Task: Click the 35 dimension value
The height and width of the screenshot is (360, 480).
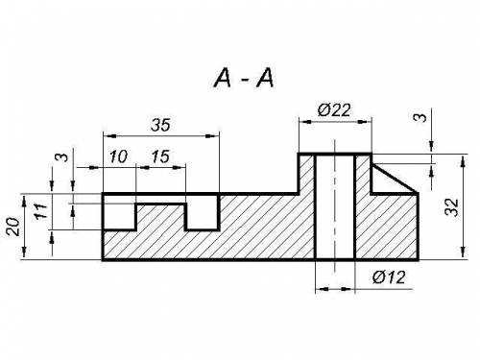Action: tap(160, 125)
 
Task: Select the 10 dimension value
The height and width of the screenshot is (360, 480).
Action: tap(118, 156)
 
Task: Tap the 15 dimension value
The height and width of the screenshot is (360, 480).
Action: tap(160, 156)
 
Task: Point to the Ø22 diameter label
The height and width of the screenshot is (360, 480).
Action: tap(334, 110)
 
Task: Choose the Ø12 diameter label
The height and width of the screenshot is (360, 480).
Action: tap(389, 277)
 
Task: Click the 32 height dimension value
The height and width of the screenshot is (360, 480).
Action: tap(452, 207)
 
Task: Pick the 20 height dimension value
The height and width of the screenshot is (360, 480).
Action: tap(13, 227)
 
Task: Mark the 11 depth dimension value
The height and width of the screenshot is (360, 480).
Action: tap(41, 211)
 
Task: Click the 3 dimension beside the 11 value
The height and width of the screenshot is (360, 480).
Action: tap(64, 157)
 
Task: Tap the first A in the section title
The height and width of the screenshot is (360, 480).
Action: tap(223, 79)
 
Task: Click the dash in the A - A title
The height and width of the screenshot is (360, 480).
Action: tap(245, 80)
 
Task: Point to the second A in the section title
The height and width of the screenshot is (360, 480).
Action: tap(265, 79)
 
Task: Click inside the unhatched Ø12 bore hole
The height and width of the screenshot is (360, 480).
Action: tap(335, 207)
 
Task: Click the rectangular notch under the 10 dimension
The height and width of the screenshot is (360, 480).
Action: tap(119, 212)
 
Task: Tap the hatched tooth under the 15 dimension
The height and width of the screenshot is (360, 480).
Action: tap(160, 216)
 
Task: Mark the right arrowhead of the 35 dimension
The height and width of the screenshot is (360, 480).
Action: tap(210, 136)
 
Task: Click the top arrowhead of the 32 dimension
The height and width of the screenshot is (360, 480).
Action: tap(463, 161)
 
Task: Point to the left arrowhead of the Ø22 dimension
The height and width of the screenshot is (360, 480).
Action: tap(306, 122)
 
